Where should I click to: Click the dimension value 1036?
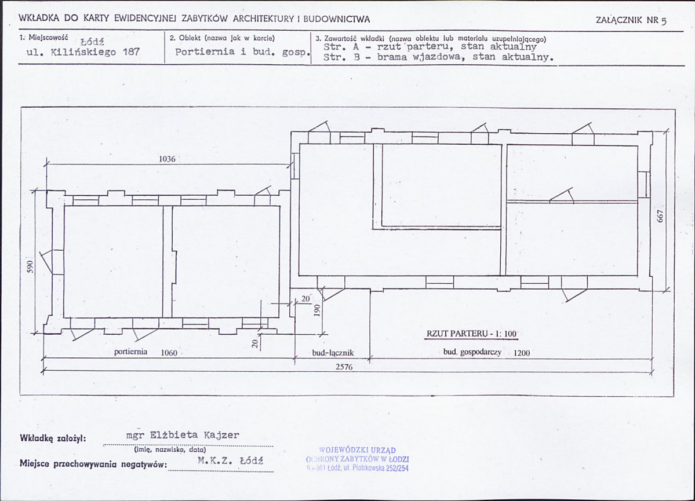[167, 159]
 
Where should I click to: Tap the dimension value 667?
[660, 216]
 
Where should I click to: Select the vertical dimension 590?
[30, 266]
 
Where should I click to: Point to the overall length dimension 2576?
[344, 367]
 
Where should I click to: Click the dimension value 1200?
[521, 353]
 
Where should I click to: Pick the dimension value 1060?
[169, 353]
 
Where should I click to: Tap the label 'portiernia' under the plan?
[131, 352]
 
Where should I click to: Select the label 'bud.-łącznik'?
[333, 353]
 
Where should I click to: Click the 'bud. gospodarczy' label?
[472, 352]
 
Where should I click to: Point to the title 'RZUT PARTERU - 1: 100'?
[472, 334]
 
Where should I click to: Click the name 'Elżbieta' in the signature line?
[174, 434]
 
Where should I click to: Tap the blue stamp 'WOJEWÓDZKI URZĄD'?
[357, 451]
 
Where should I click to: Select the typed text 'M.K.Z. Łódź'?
[231, 460]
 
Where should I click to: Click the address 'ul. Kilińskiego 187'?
[83, 52]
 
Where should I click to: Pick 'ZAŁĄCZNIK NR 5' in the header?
[631, 20]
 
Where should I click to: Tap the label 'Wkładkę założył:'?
[53, 438]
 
